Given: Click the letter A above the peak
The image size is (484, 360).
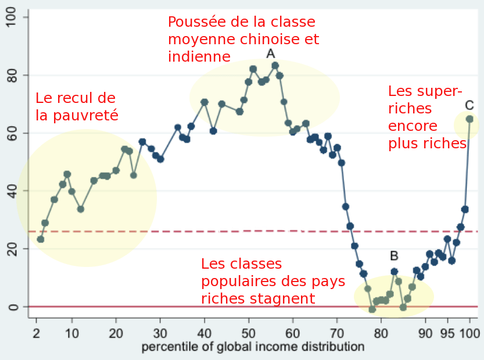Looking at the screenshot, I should tap(270, 54).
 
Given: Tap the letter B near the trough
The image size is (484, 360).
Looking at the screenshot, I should tap(394, 255).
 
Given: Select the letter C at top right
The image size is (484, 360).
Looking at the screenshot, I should tap(469, 105).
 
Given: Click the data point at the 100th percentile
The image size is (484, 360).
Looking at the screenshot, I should tap(469, 119).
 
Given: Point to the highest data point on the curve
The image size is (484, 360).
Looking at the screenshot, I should tap(275, 66).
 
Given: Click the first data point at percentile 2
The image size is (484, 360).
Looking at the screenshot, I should tap(40, 239).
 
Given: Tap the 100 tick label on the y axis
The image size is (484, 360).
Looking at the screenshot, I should tap(12, 17).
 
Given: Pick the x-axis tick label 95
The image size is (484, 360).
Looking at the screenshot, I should tap(447, 334).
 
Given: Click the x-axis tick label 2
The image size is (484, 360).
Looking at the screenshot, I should tap(36, 334).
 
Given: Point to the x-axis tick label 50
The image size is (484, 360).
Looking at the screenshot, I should tap(249, 334).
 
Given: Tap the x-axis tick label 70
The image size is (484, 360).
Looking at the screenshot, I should tap(337, 334).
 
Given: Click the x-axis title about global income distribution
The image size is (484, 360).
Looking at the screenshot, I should tap(253, 347).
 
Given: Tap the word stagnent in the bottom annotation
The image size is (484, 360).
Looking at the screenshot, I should tap(286, 299).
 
